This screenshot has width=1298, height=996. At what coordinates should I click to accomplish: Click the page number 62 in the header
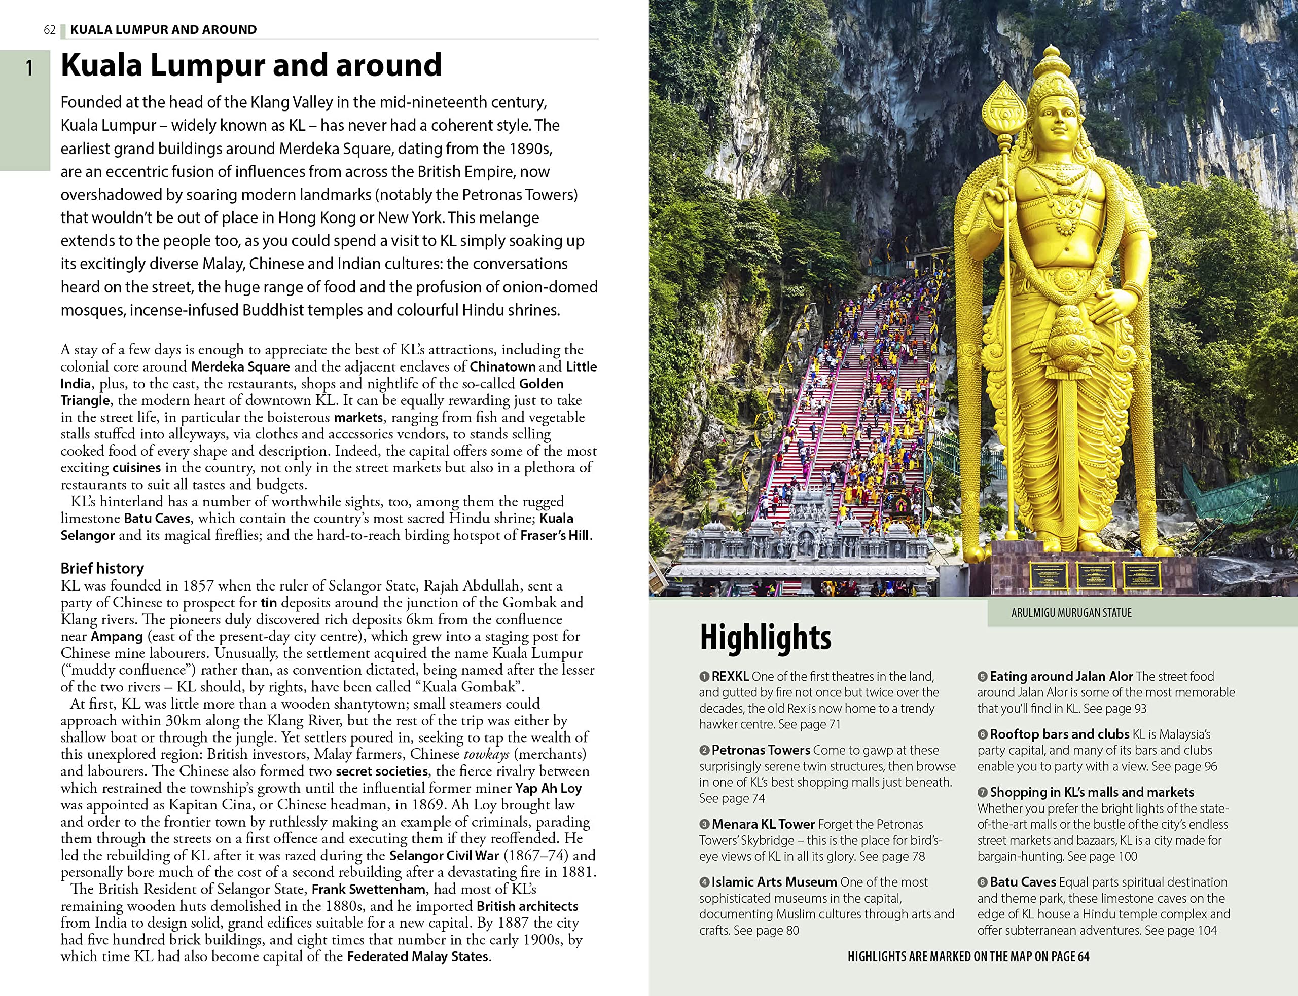point(49,29)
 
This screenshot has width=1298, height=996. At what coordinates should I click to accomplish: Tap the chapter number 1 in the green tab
point(28,69)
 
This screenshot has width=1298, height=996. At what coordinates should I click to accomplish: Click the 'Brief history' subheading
point(102,568)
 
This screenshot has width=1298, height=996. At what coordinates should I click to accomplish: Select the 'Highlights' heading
point(765,637)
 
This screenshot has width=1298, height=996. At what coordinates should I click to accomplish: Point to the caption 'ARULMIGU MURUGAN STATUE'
point(1071,612)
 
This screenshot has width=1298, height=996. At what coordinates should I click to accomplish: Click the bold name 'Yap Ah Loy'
point(548,788)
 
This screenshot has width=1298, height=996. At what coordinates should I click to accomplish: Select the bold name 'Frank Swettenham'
point(368,889)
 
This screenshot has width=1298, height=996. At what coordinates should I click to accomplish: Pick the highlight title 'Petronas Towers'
point(760,750)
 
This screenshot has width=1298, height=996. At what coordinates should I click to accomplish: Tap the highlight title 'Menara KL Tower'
point(763,824)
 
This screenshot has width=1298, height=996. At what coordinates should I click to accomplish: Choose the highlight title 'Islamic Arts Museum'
point(774,881)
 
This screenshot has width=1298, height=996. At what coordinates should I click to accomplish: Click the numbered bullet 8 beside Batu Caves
point(982,882)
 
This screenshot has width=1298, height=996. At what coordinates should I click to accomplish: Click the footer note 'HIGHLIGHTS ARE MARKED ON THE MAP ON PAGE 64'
point(968,956)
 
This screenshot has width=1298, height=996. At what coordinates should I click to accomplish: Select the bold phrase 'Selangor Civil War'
point(444,856)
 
